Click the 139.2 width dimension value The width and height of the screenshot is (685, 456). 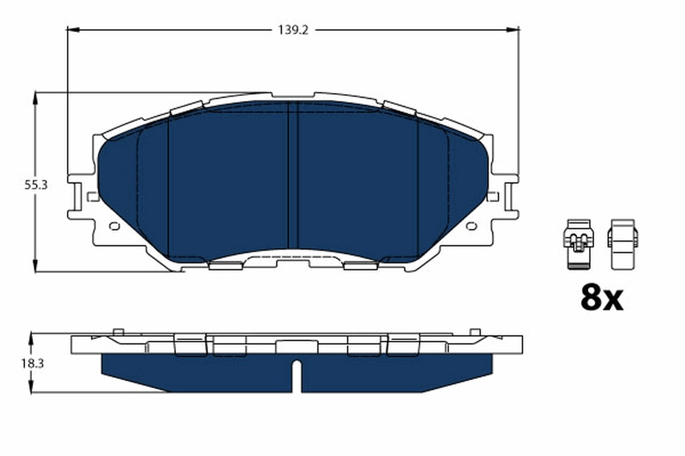[293, 30]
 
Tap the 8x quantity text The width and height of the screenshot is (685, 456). [602, 298]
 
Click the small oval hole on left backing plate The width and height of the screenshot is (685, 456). [114, 226]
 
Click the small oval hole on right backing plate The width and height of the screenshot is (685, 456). [472, 226]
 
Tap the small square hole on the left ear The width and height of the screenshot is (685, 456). [92, 197]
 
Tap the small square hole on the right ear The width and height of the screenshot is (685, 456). [493, 197]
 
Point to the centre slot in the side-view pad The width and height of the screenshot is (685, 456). [296, 376]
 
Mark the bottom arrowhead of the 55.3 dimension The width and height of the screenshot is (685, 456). [36, 267]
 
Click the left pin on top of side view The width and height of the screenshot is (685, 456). [118, 332]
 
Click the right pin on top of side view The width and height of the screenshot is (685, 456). [474, 332]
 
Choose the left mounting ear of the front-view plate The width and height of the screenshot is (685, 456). [80, 197]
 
